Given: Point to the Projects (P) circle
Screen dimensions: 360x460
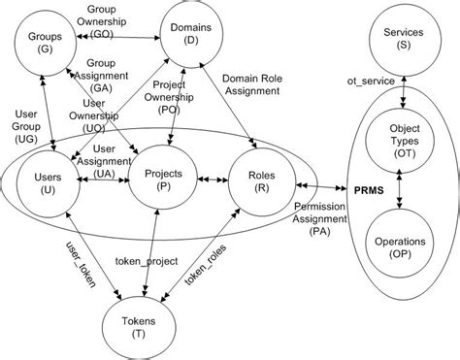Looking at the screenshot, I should pos(157,182).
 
